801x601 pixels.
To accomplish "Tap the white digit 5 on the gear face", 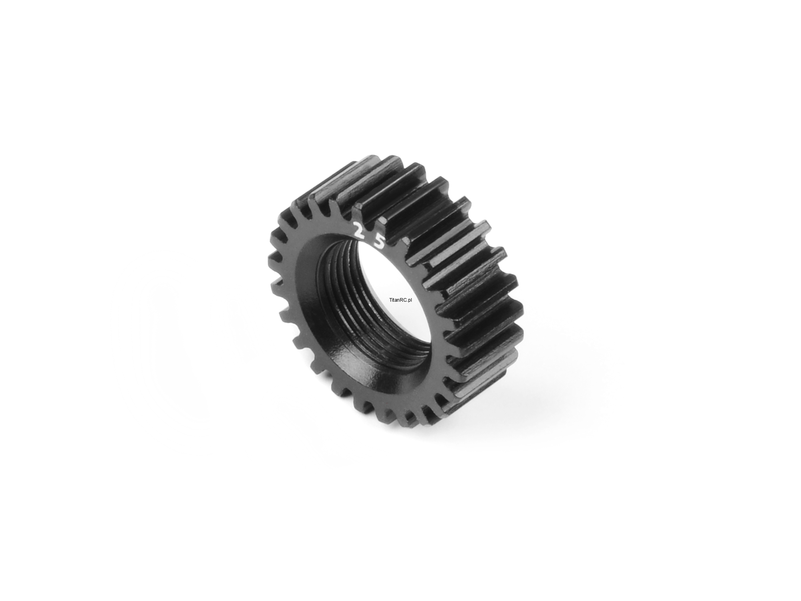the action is pyautogui.click(x=379, y=242).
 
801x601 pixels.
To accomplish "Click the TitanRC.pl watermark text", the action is pyautogui.click(x=400, y=300).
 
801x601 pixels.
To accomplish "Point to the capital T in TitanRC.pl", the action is pyautogui.click(x=390, y=300).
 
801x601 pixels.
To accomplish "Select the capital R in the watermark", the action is pyautogui.click(x=402, y=300).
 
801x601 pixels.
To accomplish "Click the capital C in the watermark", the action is pyautogui.click(x=406, y=300).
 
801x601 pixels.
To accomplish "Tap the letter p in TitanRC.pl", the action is pyautogui.click(x=410, y=301).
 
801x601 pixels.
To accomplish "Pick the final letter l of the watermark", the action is pyautogui.click(x=412, y=300).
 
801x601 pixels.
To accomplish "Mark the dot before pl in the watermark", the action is pyautogui.click(x=408, y=302).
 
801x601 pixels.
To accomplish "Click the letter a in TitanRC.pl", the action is pyautogui.click(x=396, y=300).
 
